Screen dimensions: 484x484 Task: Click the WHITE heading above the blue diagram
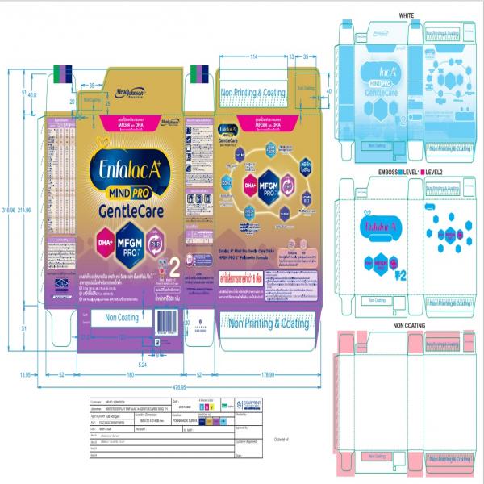406,15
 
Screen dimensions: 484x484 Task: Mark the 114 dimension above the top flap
253,57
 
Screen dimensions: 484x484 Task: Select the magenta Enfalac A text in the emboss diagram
382,227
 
